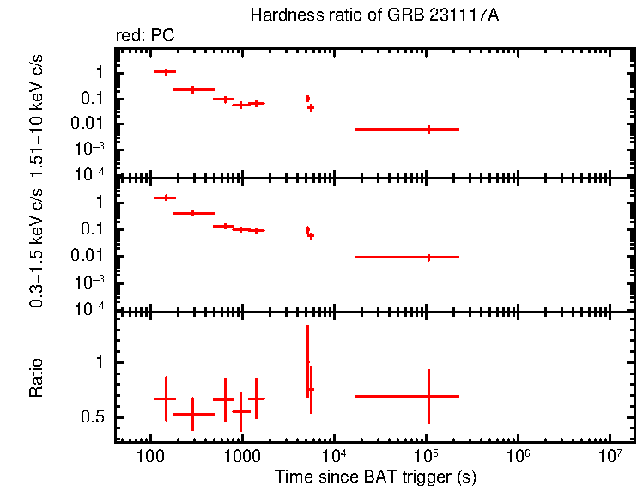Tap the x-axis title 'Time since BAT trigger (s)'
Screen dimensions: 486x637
375,476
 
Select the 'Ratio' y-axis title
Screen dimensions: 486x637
37,378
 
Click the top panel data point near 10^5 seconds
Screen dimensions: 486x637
428,129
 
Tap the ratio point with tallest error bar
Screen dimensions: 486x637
306,361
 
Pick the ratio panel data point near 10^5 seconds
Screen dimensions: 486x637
428,396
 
